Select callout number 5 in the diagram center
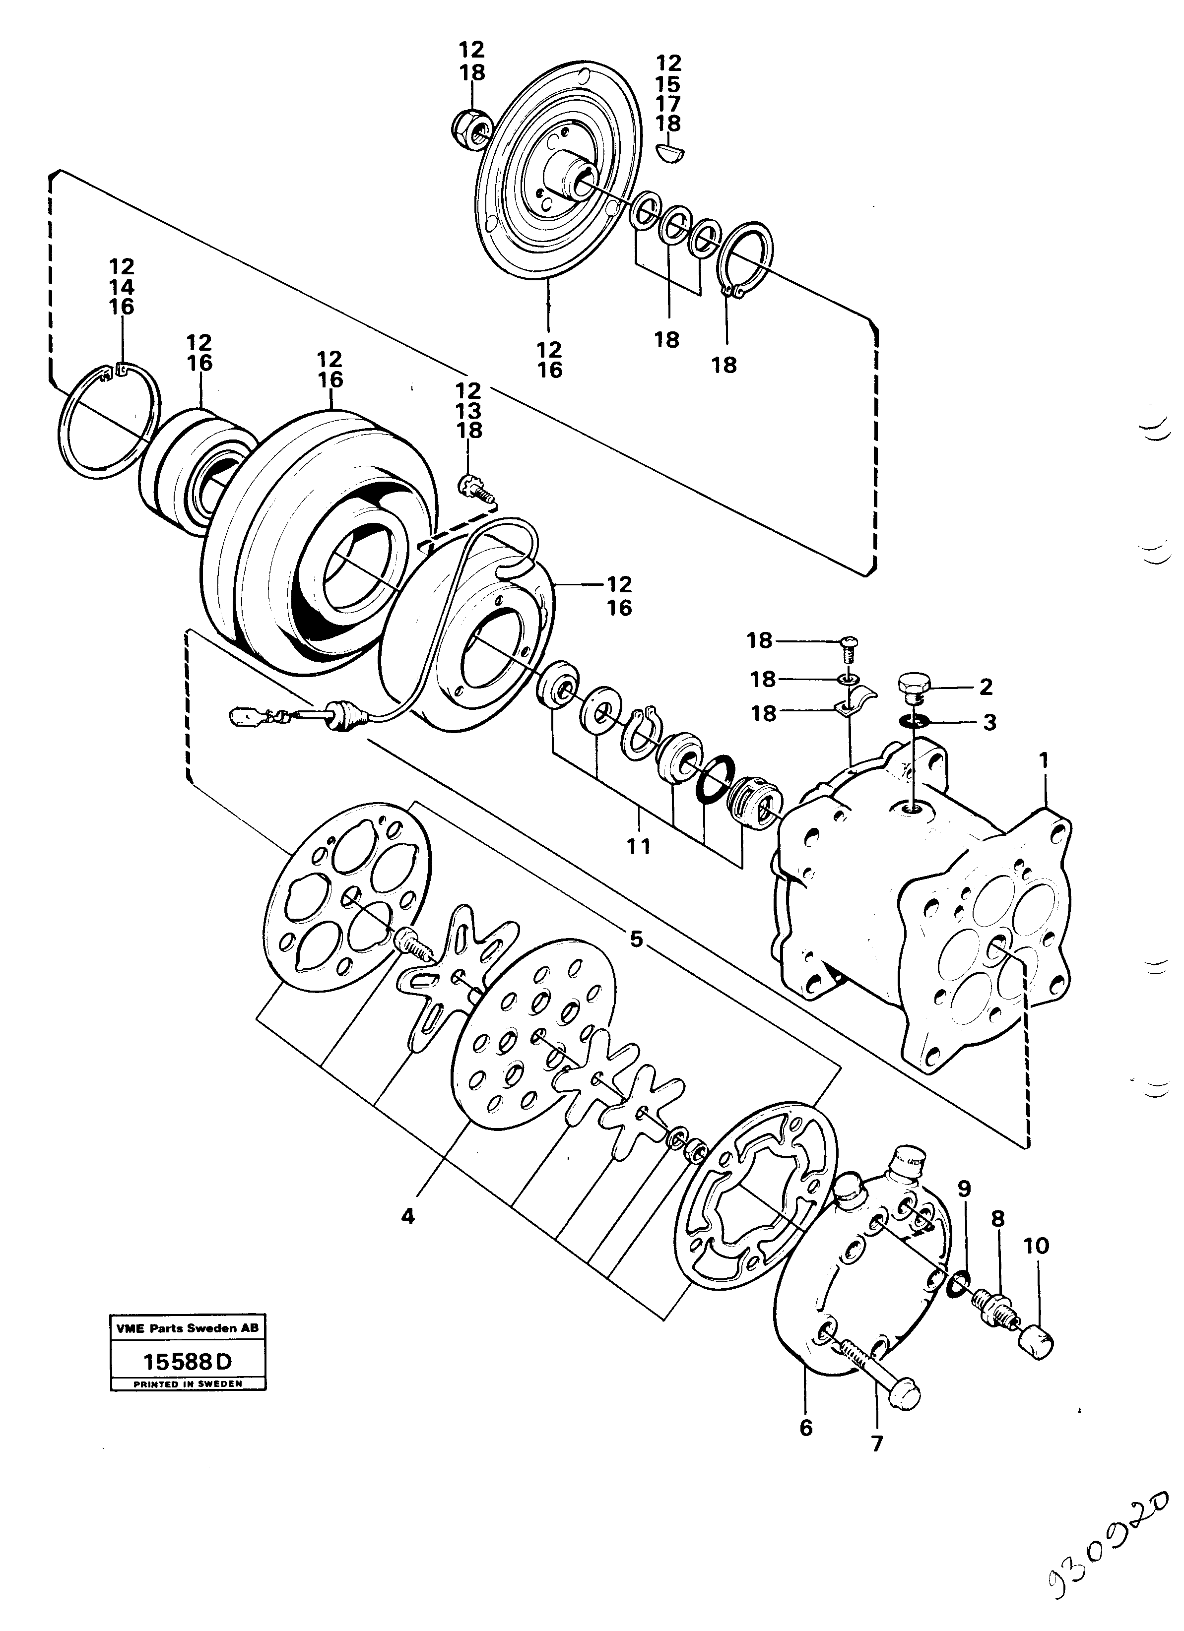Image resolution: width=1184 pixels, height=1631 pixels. pyautogui.click(x=636, y=939)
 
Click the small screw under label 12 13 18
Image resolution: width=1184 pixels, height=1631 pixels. pyautogui.click(x=475, y=490)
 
